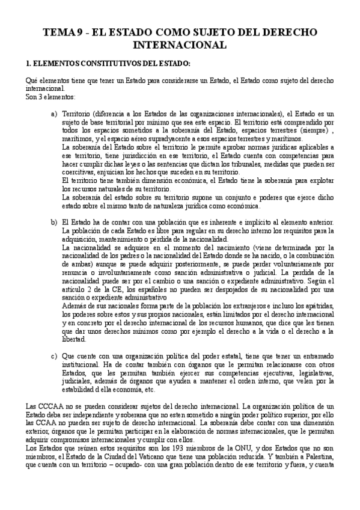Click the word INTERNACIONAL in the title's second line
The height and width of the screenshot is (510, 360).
[x=180, y=45]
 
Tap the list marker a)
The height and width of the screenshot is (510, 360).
[x=54, y=113]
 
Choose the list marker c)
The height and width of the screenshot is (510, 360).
[x=54, y=355]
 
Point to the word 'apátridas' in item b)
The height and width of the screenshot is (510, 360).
[x=319, y=306]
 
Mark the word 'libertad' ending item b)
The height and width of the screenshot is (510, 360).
[x=76, y=339]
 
